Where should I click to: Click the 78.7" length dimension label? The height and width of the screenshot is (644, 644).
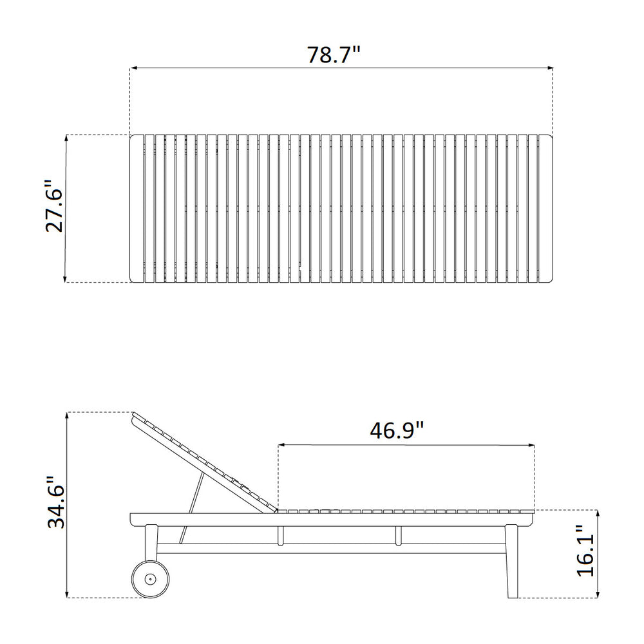pyautogui.click(x=334, y=55)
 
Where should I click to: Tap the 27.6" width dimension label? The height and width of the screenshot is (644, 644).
pyautogui.click(x=54, y=206)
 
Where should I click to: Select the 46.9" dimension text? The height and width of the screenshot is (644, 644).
pyautogui.click(x=396, y=430)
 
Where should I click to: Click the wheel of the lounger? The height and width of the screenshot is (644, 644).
pyautogui.click(x=150, y=579)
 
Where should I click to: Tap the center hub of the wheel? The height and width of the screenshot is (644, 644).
pyautogui.click(x=150, y=579)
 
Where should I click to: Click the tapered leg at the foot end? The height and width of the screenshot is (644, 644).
pyautogui.click(x=512, y=561)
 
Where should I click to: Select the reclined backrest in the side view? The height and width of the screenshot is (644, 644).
pyautogui.click(x=204, y=462)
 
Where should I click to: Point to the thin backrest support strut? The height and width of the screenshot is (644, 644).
pyautogui.click(x=192, y=507)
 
